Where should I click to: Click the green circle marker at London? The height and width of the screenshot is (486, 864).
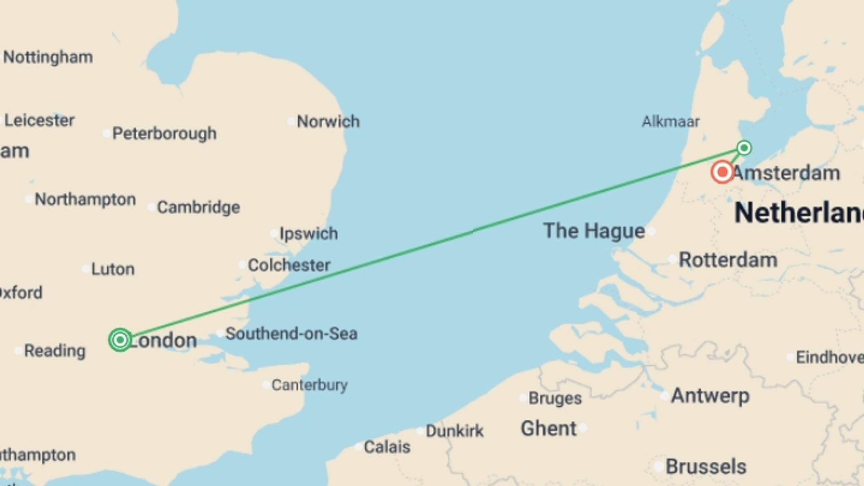(x=120, y=340)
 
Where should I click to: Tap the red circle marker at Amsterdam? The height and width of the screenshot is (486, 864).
(x=722, y=172)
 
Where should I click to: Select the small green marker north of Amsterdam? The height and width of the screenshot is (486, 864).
(x=744, y=148)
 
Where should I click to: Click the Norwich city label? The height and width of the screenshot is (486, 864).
(x=328, y=121)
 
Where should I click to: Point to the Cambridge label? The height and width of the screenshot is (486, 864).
(x=198, y=207)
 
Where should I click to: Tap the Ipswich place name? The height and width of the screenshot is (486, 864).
(x=308, y=234)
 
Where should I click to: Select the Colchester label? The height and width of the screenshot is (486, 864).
(x=289, y=265)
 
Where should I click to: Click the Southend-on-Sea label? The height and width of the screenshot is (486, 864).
(x=291, y=334)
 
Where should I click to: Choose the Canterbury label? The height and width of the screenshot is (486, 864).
(x=310, y=385)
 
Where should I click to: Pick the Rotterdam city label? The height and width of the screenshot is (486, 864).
(x=728, y=260)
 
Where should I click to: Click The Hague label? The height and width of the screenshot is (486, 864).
(x=594, y=231)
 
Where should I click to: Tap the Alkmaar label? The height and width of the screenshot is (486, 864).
(x=670, y=121)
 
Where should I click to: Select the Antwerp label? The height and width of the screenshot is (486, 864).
(x=710, y=396)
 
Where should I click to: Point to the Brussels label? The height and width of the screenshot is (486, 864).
(x=706, y=467)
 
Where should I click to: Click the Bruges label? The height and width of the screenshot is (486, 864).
(x=555, y=398)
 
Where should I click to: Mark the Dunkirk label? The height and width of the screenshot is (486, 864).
(x=454, y=431)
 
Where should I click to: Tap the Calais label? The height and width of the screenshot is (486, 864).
(x=387, y=447)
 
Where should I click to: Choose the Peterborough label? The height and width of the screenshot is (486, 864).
(x=164, y=134)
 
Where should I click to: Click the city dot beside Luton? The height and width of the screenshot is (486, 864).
(x=85, y=269)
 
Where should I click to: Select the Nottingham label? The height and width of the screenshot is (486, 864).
(x=48, y=58)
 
